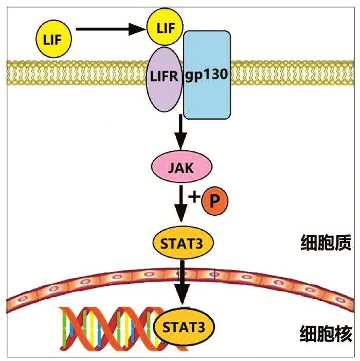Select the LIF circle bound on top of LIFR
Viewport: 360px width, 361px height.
click(164, 28)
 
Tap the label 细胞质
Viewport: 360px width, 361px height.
click(325, 243)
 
